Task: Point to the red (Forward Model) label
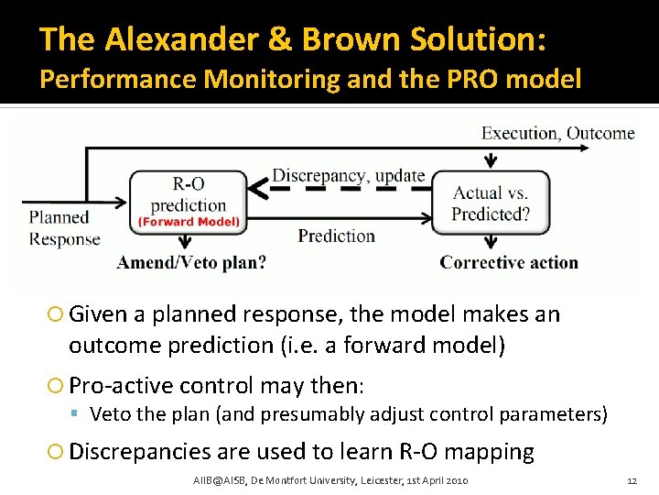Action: [189, 221]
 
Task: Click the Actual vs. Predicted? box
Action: [491, 203]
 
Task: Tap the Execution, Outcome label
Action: [557, 133]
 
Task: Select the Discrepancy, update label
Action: [349, 175]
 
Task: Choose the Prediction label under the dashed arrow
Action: [336, 236]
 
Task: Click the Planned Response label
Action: [63, 228]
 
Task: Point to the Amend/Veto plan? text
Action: [191, 263]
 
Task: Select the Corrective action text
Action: [509, 263]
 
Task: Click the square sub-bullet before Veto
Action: [80, 414]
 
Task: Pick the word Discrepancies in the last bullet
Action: [142, 451]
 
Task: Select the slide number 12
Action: [631, 481]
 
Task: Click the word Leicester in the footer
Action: [376, 481]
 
